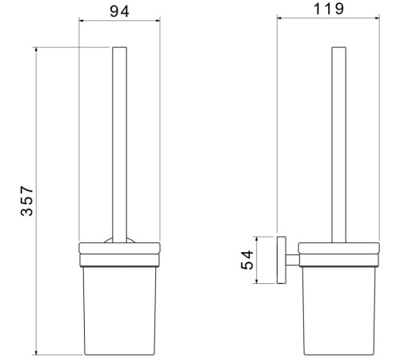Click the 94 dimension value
tap(119, 11)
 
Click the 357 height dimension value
tap(27, 201)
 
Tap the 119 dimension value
tap(329, 9)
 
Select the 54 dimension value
tap(247, 260)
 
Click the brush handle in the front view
tap(119, 145)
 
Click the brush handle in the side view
tap(339, 145)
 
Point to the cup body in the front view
tap(119, 310)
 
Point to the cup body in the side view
tap(338, 310)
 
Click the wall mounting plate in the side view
tap(282, 260)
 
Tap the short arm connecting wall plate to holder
tap(293, 260)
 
